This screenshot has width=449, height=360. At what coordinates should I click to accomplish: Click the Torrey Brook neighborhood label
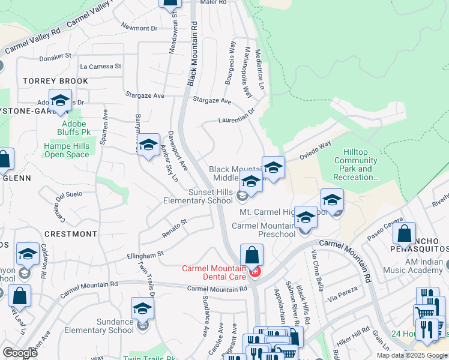[x=55, y=81]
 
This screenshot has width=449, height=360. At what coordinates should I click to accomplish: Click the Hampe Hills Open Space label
[x=67, y=150]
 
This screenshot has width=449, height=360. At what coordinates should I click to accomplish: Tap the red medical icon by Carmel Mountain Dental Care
[x=255, y=272]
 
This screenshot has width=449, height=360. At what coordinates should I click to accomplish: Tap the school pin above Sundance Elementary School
[x=142, y=308]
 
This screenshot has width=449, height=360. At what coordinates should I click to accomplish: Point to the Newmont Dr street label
[x=139, y=28]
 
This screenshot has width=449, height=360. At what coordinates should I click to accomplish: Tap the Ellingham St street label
[x=145, y=256]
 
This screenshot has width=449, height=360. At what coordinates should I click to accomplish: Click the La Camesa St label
[x=100, y=67]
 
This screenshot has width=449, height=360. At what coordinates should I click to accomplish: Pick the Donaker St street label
[x=55, y=56]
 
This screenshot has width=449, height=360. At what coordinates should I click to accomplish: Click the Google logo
[x=20, y=353]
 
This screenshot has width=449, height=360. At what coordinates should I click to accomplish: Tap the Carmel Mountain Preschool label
[x=264, y=230]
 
